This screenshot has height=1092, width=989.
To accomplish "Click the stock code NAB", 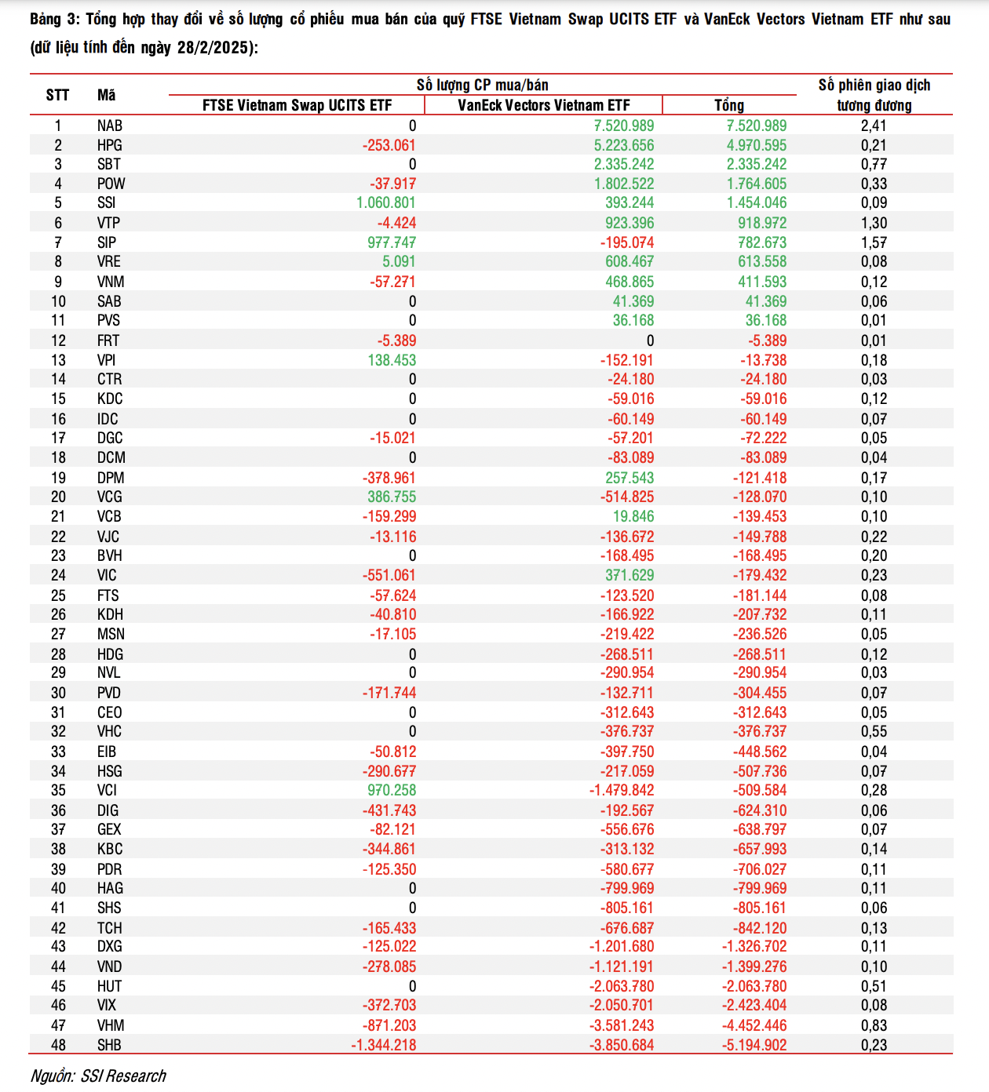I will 110,126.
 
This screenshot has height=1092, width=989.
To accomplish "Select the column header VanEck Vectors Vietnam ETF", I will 544,105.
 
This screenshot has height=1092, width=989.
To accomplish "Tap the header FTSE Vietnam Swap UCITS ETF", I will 297,105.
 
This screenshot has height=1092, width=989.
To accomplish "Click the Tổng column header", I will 729,105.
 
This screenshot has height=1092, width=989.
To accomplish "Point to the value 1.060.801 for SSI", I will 386,202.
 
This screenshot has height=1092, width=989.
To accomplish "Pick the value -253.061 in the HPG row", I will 389,145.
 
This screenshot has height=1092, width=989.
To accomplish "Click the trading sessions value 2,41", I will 874,126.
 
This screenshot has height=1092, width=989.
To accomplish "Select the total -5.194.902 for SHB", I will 754,1045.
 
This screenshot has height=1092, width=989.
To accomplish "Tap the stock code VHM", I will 111,1025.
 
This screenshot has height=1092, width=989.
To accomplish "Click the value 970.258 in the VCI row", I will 392,790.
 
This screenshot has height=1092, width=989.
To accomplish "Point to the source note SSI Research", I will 123,1076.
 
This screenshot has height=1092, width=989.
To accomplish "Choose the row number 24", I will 58,575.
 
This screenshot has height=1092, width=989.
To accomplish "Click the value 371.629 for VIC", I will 630,575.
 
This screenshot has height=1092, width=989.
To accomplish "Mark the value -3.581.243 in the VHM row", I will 622,1025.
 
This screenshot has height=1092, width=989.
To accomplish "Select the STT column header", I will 58,95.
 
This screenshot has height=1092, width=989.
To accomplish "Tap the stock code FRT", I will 108,340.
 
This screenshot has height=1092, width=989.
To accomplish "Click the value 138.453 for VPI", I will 392,360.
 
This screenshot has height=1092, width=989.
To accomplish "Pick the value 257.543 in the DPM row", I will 630,478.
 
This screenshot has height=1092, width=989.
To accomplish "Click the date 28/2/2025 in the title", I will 213,48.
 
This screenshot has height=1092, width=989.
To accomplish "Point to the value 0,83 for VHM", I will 874,1025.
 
